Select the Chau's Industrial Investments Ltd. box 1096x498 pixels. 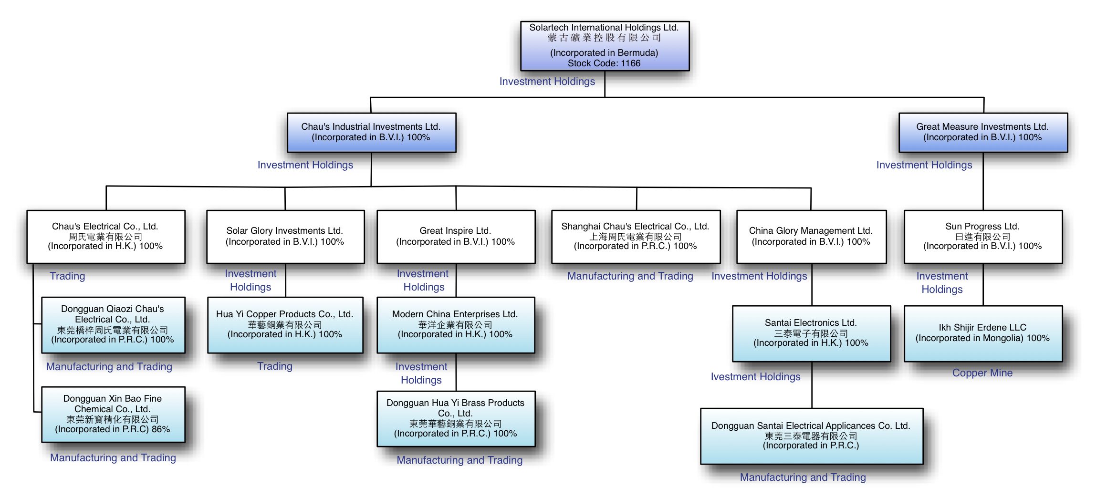click(x=371, y=132)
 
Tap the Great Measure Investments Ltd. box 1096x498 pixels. click(x=982, y=132)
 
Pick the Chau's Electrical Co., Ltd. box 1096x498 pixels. click(x=105, y=236)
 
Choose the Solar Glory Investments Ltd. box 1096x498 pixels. click(x=285, y=236)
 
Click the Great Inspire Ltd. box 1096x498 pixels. click(x=456, y=236)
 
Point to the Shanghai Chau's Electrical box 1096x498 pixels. click(x=636, y=236)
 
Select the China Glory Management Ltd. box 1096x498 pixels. click(x=811, y=236)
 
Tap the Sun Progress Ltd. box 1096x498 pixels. click(x=982, y=236)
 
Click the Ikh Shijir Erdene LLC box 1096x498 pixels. click(x=982, y=333)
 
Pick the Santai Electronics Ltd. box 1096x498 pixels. click(x=811, y=333)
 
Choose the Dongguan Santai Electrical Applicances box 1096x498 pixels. click(x=811, y=436)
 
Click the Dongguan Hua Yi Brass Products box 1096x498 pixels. click(x=456, y=418)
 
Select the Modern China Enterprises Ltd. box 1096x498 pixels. click(x=456, y=324)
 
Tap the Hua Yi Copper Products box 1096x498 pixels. click(x=285, y=324)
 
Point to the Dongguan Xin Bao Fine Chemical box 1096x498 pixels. click(x=113, y=414)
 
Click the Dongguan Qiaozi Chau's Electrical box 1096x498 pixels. click(x=113, y=324)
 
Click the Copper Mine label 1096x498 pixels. click(x=982, y=373)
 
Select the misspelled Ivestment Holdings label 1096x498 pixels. click(x=755, y=377)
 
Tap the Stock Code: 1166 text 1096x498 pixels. click(x=604, y=63)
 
